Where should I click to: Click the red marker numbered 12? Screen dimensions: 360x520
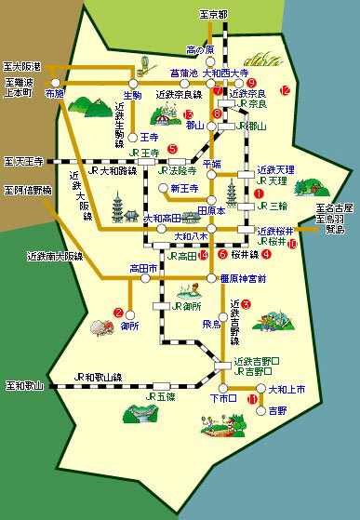point(286,90)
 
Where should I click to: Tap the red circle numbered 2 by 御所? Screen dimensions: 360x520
point(118,312)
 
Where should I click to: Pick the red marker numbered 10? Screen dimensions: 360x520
point(292,244)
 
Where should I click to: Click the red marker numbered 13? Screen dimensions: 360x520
point(189,113)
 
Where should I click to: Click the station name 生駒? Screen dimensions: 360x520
point(132,95)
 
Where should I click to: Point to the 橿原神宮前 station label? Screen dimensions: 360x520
point(244,278)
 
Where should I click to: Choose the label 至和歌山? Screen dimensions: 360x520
point(24,384)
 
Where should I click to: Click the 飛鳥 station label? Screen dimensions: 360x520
point(211,324)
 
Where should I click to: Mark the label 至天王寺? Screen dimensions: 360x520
point(25,160)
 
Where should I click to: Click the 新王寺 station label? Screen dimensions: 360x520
point(186,189)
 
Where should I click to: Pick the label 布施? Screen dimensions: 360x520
point(53,95)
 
